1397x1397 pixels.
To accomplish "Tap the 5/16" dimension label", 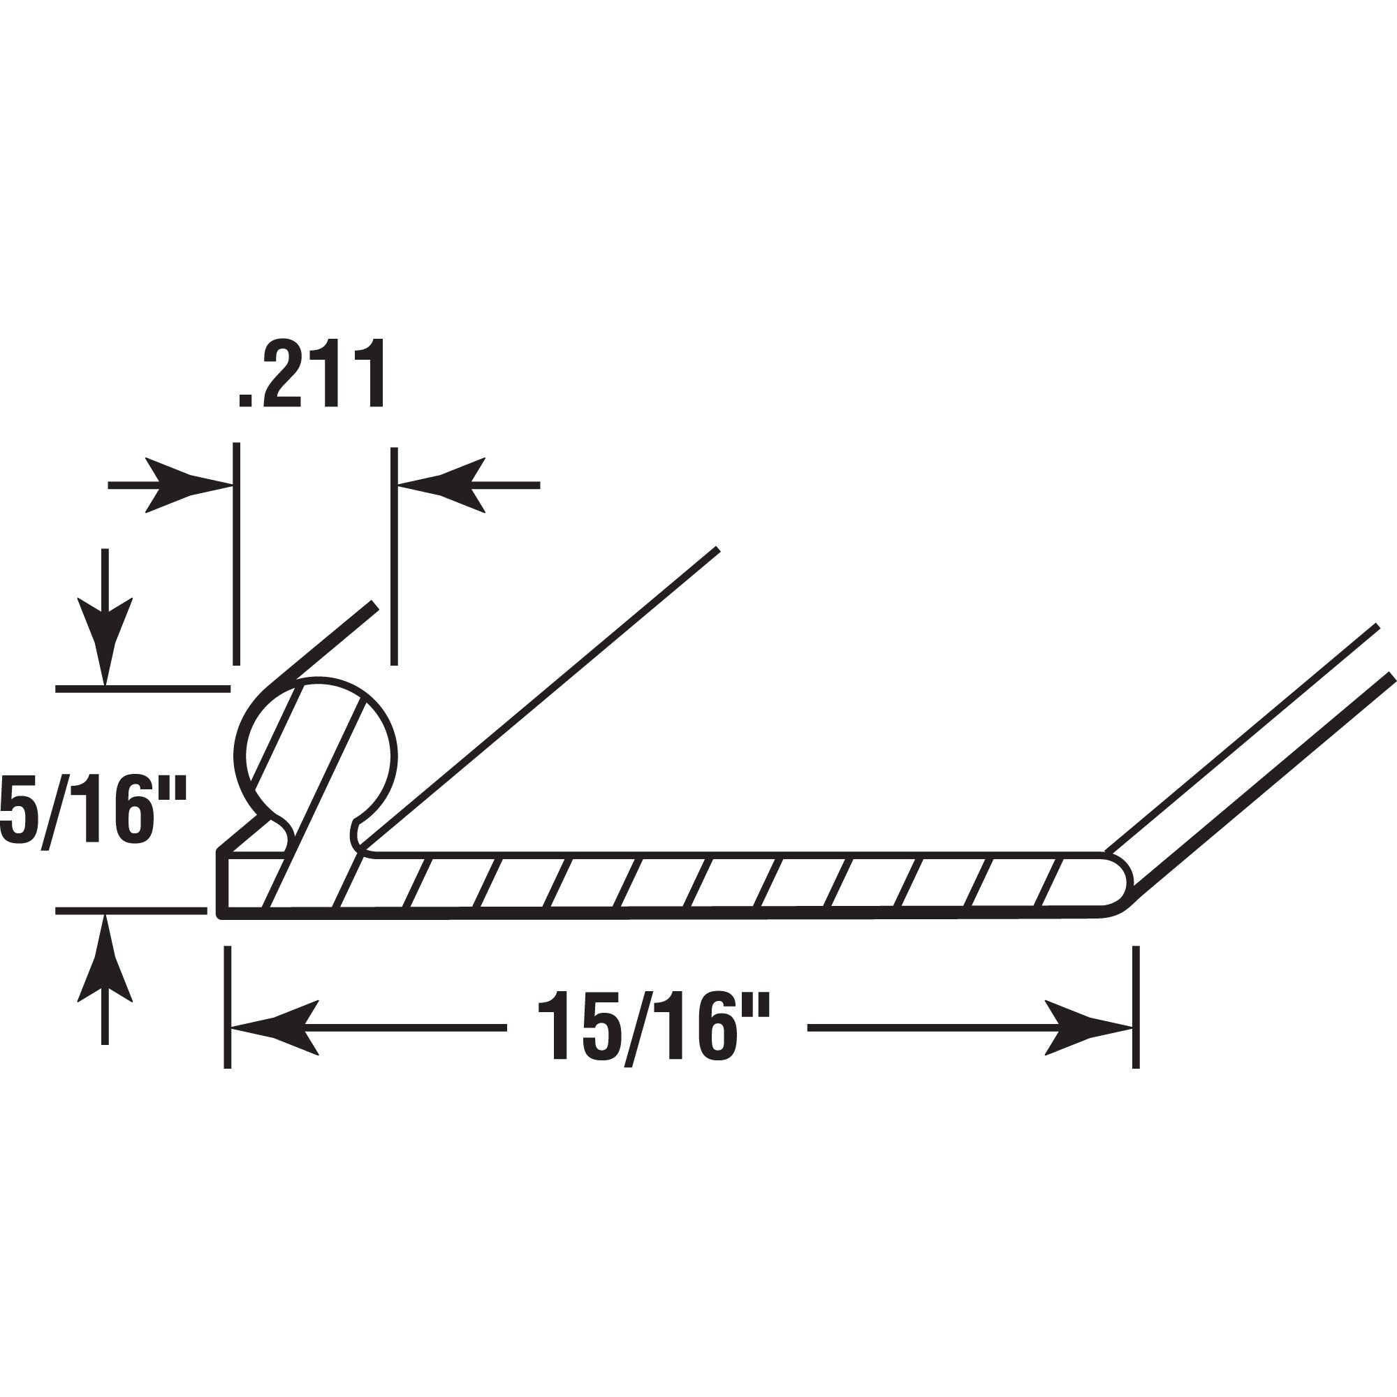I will [94, 809].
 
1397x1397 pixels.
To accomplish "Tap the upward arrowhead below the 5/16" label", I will [105, 959].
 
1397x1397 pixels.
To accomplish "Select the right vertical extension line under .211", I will [394, 555].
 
